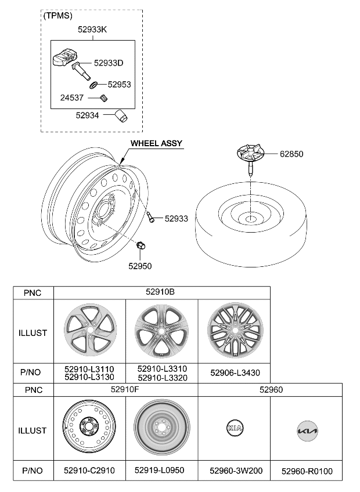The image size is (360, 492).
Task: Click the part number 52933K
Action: [x=92, y=28]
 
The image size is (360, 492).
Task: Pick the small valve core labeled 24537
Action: [x=104, y=97]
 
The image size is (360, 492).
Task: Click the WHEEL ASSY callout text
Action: [x=156, y=143]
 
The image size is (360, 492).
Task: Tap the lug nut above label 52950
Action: [x=141, y=247]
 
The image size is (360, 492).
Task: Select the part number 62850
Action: [x=291, y=154]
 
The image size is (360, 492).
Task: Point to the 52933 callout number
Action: [x=176, y=219]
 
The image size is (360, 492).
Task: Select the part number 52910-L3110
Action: [x=89, y=369]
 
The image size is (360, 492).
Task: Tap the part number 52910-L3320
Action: [x=162, y=377]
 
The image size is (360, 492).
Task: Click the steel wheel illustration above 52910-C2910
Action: [x=90, y=430]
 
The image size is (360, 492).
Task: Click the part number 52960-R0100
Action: [x=307, y=471]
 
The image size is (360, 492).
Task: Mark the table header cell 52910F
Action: [x=125, y=390]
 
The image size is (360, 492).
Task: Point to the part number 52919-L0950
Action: [x=162, y=471]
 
